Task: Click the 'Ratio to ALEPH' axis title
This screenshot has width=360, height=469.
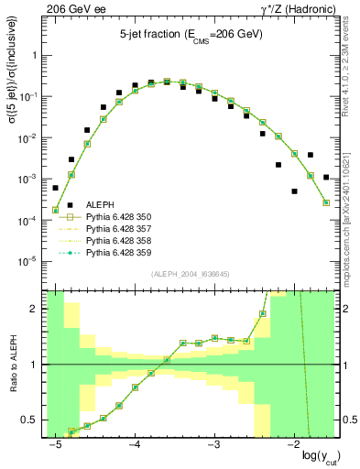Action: pos(13,364)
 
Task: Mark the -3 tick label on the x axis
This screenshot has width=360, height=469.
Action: pos(214,444)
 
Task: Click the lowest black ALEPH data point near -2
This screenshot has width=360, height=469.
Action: pos(294,191)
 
